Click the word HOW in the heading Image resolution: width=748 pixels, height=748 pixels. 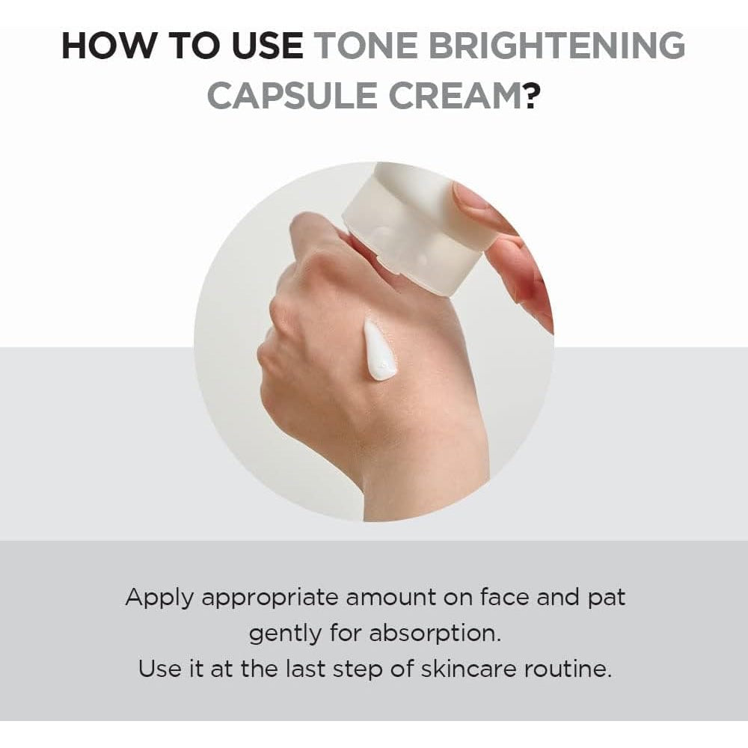tap(108, 46)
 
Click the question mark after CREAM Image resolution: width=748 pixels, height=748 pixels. tap(530, 96)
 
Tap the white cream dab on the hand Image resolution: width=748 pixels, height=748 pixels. tap(378, 352)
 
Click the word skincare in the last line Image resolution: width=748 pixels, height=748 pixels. tap(468, 669)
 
